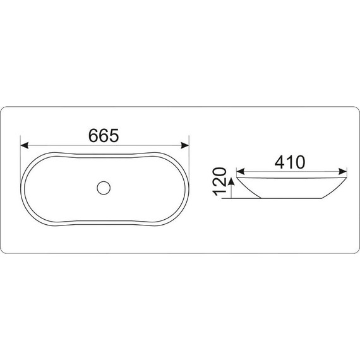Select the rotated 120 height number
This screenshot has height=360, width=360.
[x=219, y=183]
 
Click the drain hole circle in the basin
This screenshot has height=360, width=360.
[x=104, y=187]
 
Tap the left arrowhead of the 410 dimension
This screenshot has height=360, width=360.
[x=240, y=171]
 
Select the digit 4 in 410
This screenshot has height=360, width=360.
[x=279, y=162]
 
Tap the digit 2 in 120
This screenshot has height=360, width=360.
[x=219, y=183]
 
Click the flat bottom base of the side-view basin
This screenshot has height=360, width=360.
[x=291, y=199]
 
